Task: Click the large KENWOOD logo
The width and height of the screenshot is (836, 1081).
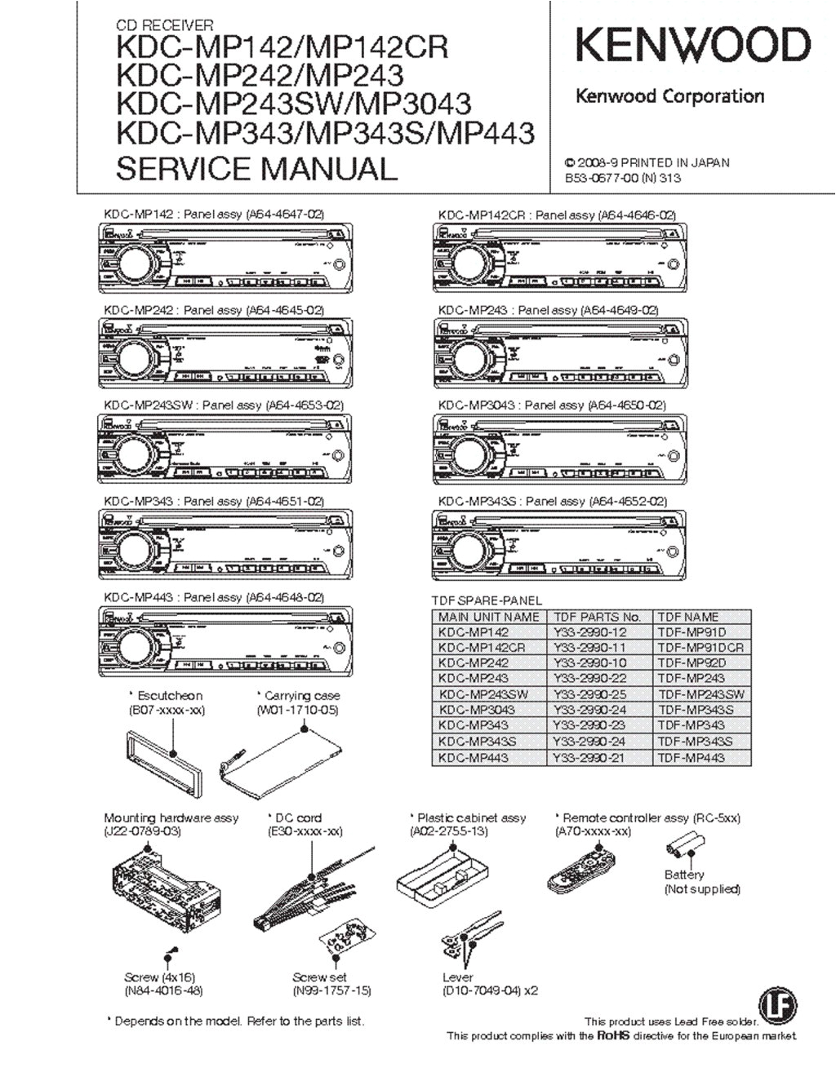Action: click(x=693, y=46)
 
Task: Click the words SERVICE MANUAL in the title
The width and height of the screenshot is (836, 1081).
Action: click(x=256, y=168)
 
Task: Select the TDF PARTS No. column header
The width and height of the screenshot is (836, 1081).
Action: click(x=597, y=617)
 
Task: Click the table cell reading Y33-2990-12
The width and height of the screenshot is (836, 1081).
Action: click(x=589, y=632)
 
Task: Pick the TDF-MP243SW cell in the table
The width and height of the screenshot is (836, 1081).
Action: click(x=700, y=694)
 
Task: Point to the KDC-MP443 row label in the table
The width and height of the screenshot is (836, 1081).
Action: click(x=474, y=757)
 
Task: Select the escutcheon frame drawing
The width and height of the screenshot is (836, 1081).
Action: click(x=162, y=760)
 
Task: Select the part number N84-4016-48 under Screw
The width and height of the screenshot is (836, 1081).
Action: click(x=163, y=991)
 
